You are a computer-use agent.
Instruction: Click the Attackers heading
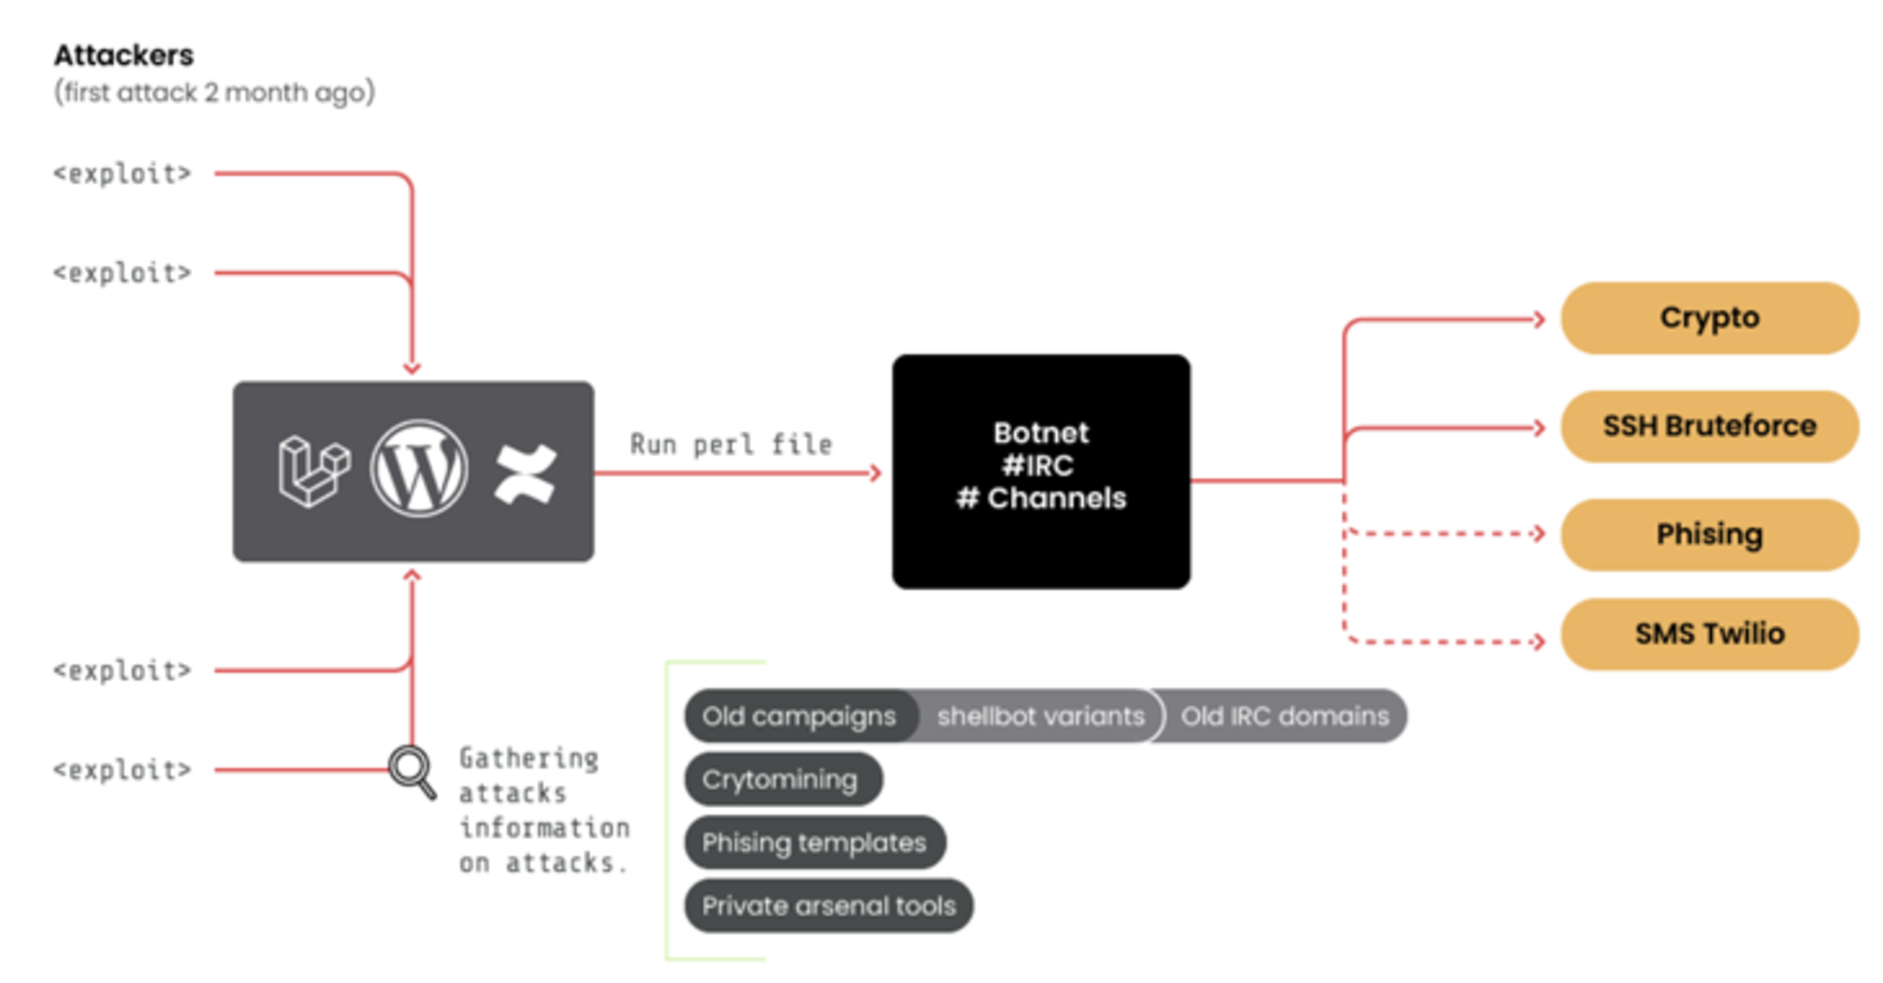point(124,55)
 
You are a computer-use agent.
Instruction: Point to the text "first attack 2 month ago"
point(214,91)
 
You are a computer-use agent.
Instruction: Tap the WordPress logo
point(419,469)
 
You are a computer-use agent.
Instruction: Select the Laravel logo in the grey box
point(313,470)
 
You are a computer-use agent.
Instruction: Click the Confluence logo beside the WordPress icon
point(526,473)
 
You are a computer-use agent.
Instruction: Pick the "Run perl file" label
point(731,444)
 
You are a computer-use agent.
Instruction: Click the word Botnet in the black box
point(1040,433)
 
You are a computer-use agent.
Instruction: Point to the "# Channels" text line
point(1040,498)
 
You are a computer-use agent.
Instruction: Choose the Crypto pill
point(1709,318)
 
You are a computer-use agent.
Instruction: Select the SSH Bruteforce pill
point(1709,426)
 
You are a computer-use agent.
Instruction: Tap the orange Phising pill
point(1709,534)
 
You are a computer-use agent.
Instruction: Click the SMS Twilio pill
point(1709,634)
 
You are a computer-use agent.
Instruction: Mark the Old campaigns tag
point(798,716)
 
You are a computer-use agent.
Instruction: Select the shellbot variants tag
point(1040,716)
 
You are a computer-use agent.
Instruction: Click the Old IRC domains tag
point(1284,716)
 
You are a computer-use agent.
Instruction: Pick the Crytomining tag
point(780,779)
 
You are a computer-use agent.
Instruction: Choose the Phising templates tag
point(814,842)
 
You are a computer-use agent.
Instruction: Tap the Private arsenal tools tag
point(828,906)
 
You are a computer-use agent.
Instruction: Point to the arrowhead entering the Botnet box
point(876,473)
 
